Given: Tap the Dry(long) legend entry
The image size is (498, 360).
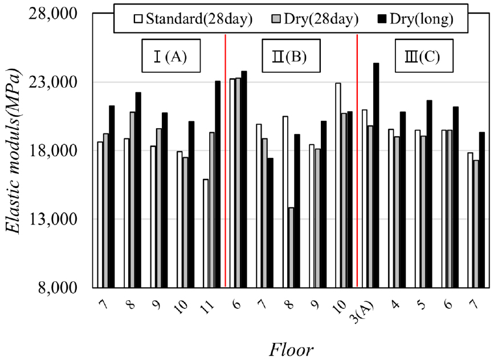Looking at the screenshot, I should tap(418, 19).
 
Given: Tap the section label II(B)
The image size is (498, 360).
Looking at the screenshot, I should tap(291, 56).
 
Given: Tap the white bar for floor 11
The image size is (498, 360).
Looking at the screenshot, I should tap(205, 233).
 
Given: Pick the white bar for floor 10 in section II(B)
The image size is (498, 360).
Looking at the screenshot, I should tap(338, 185).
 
